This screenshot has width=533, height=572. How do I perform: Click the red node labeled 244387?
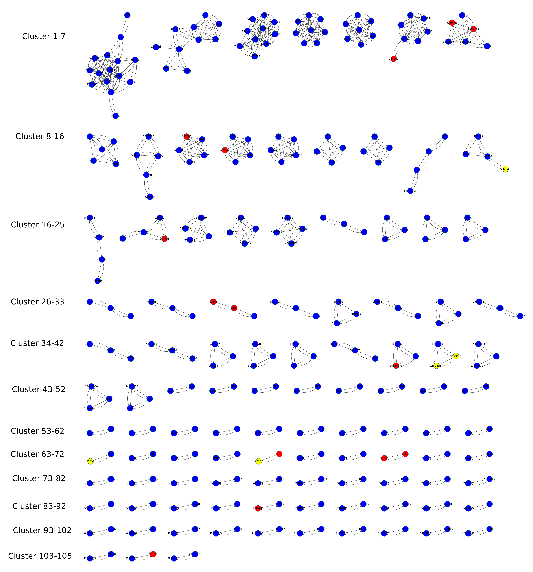393,59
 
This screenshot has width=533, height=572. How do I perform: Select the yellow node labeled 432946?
505,169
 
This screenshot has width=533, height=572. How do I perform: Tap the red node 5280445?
452,23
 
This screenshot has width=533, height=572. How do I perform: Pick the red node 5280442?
474,29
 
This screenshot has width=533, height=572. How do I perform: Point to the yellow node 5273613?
456,356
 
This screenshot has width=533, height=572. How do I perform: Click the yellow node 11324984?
436,366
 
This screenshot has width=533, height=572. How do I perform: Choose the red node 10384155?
396,366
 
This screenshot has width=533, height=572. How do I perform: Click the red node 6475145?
225,150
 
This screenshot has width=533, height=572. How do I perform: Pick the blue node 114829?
428,32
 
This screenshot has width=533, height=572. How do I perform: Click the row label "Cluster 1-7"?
44,37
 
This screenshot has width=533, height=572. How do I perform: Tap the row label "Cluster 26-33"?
37,302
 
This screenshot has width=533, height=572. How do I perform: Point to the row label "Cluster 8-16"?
40,136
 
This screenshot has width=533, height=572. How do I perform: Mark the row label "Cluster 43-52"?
39,390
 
